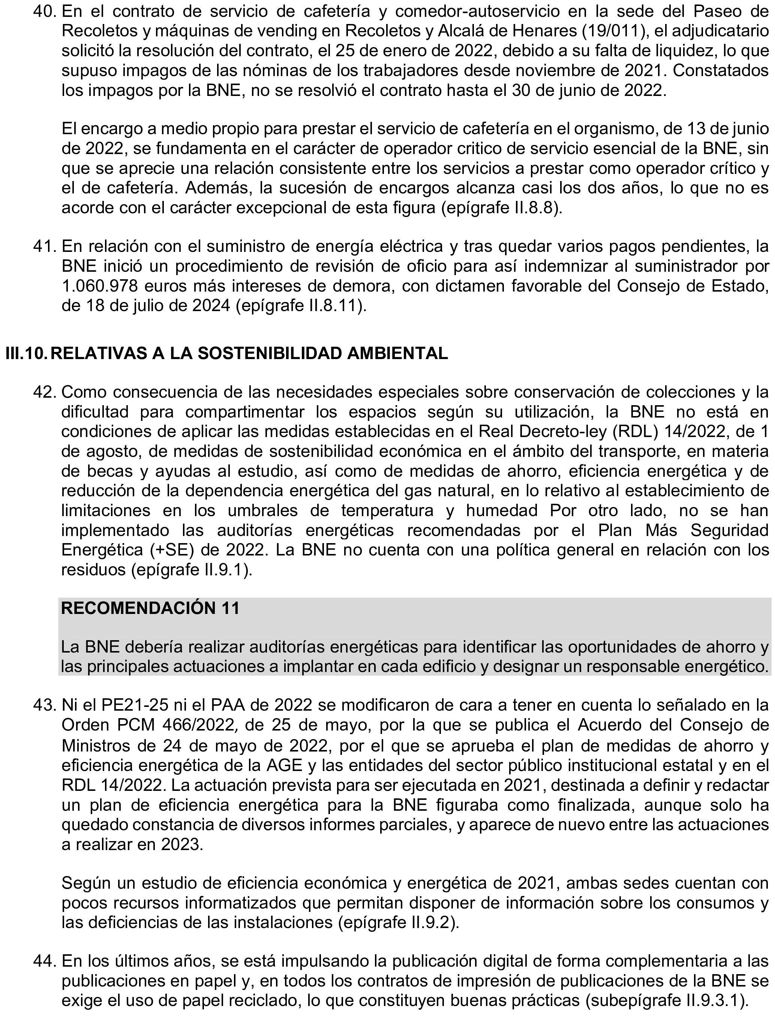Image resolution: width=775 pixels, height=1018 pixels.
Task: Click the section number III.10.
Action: click(x=25, y=353)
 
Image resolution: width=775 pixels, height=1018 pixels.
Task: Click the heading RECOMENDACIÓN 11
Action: click(x=150, y=608)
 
